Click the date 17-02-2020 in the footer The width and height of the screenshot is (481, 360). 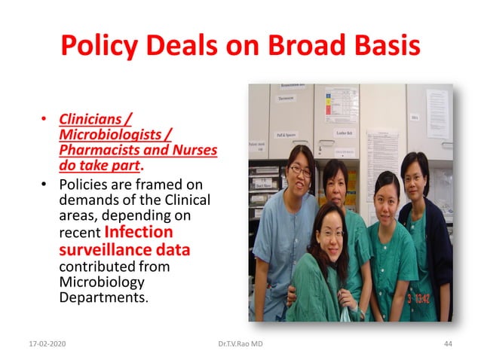[42, 343]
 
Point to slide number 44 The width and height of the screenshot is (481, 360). [448, 343]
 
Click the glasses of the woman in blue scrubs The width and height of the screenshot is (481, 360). [299, 170]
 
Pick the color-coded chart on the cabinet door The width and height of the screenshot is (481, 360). [341, 105]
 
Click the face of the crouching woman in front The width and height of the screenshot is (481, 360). [326, 228]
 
